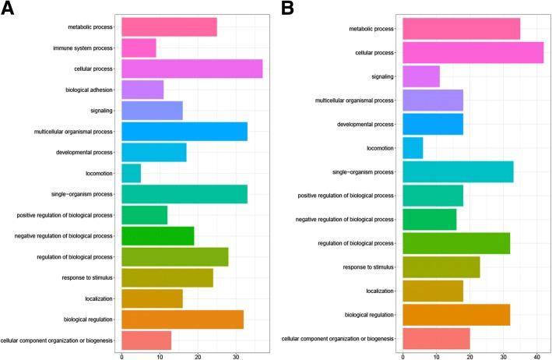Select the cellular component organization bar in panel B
[436, 339]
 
